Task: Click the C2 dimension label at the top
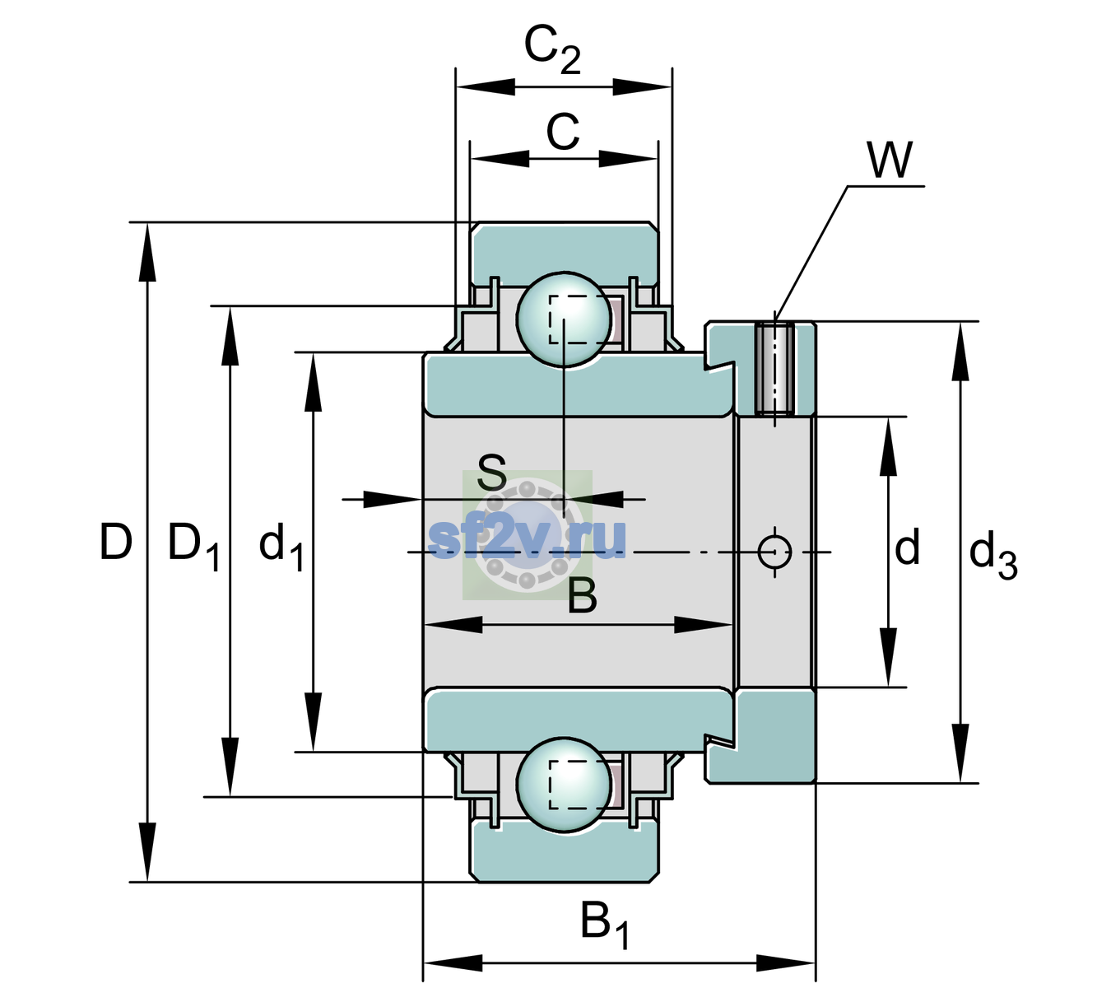(x=551, y=49)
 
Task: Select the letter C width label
(x=563, y=132)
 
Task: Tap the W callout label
(x=890, y=160)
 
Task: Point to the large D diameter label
(x=116, y=541)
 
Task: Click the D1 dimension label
(x=194, y=547)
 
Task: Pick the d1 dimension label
(x=281, y=547)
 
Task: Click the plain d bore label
(x=907, y=547)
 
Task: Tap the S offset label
(x=492, y=473)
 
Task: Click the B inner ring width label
(x=582, y=596)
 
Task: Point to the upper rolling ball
(x=564, y=319)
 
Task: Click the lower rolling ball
(x=564, y=785)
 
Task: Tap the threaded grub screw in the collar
(x=774, y=368)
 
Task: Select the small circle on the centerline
(x=774, y=552)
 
